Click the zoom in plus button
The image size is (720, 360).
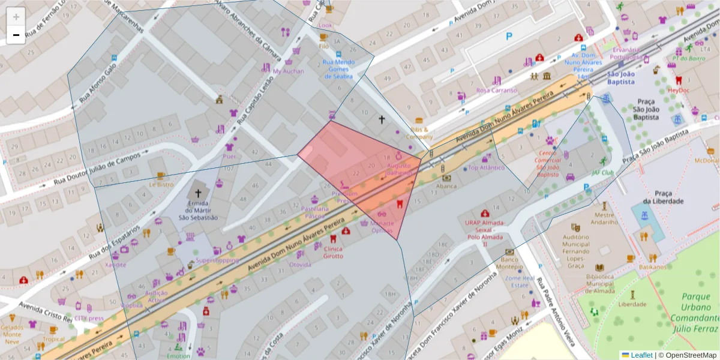click(16, 17)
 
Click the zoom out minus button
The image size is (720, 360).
click(16, 35)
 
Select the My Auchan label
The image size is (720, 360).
click(289, 71)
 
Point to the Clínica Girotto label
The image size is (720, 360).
click(333, 252)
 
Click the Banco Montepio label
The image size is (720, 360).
click(509, 262)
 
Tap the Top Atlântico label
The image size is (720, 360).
click(486, 167)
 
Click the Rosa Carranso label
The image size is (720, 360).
click(496, 90)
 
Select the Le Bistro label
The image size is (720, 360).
click(161, 185)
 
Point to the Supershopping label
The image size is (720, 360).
click(217, 260)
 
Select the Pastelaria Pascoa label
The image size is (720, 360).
click(316, 212)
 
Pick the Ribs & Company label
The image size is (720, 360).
click(419, 133)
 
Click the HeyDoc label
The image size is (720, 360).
click(679, 90)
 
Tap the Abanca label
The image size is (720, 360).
click(446, 186)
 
